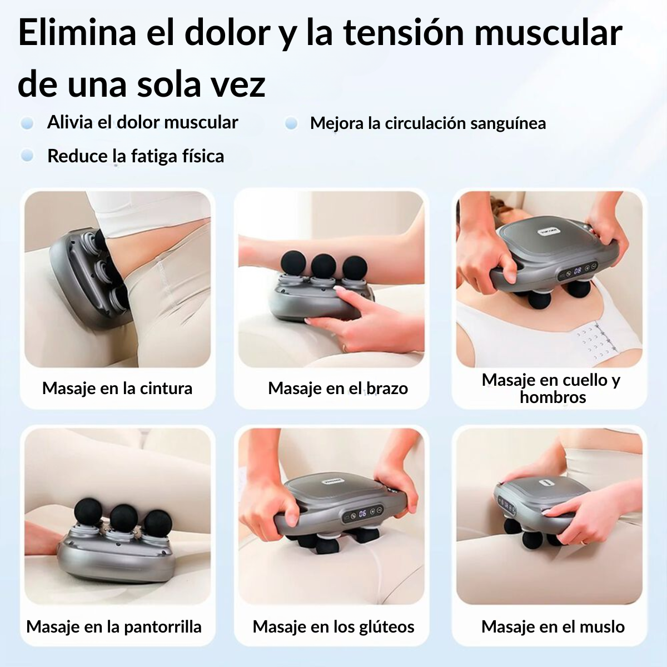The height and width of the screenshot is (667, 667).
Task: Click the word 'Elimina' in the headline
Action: [x=77, y=33]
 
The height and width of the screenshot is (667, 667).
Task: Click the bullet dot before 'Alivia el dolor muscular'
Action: [x=27, y=123]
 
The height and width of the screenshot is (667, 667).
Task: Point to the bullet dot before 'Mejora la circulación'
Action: [x=291, y=123]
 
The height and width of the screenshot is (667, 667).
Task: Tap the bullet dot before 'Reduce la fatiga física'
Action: [x=27, y=156]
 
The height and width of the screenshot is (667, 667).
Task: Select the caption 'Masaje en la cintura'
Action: [x=117, y=388]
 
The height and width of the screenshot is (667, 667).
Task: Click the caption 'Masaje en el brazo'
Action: [x=338, y=388]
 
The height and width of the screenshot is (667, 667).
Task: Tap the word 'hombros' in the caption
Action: [x=552, y=397]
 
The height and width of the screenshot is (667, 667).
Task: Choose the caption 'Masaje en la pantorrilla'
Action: [x=114, y=626]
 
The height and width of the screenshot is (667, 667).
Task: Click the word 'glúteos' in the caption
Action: [x=384, y=626]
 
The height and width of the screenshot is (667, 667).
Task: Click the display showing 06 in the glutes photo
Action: [x=362, y=514]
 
